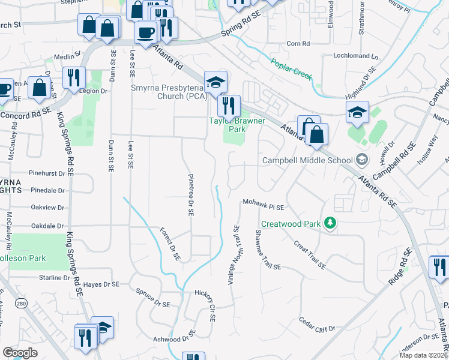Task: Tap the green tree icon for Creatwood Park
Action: coord(329,223)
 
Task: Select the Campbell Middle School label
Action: coord(307,160)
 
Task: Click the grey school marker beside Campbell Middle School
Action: coord(361,160)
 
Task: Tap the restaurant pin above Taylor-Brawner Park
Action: coord(228,106)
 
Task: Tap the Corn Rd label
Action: coord(298,44)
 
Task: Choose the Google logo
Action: coord(20,352)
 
